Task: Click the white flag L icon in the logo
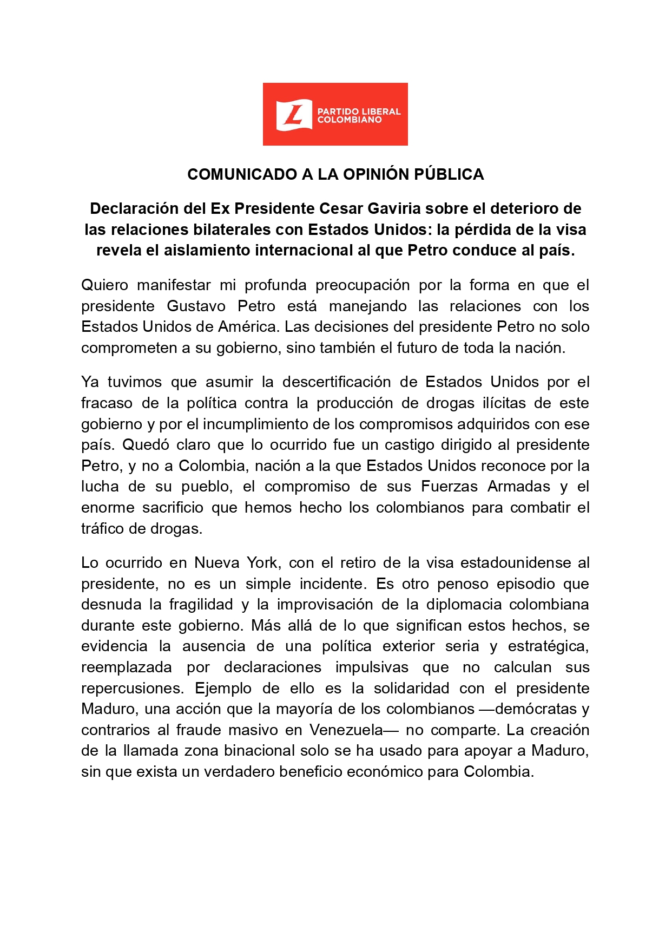(294, 115)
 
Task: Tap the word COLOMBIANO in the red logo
(350, 120)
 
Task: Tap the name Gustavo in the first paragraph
(196, 306)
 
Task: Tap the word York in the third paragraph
(263, 562)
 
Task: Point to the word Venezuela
(346, 730)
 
